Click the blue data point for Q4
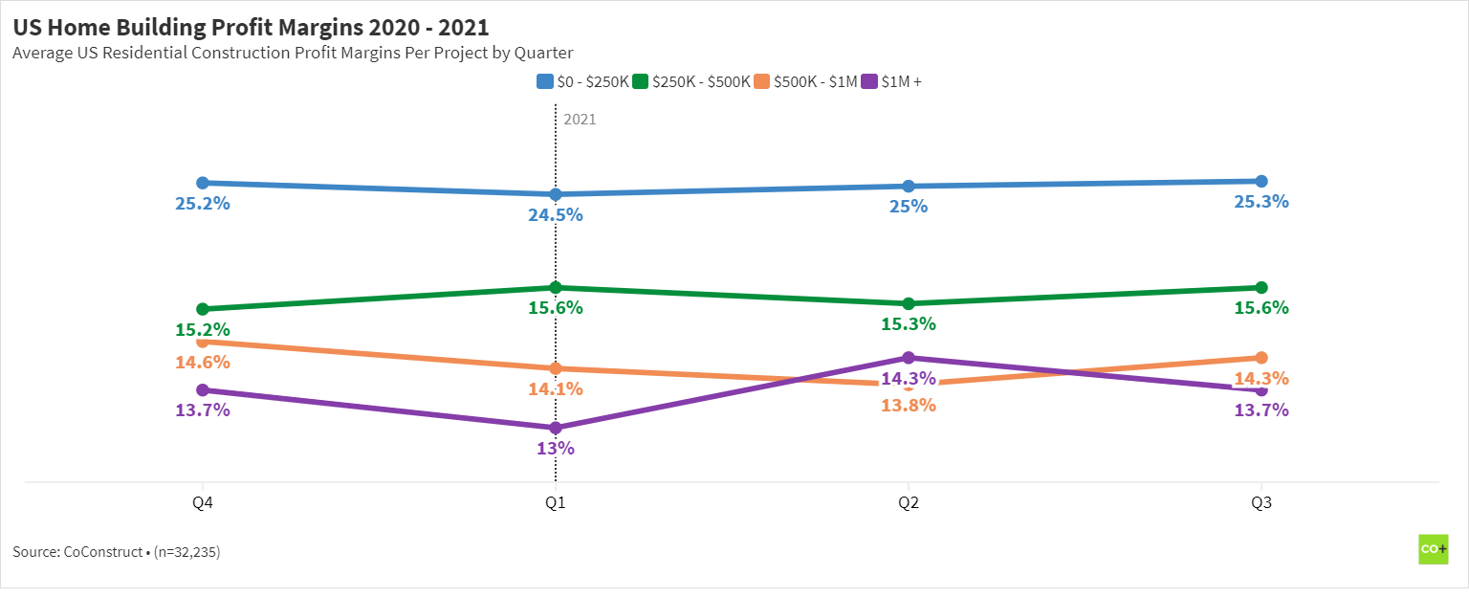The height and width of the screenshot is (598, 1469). click(x=203, y=183)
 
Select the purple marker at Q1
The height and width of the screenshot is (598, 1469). click(x=556, y=428)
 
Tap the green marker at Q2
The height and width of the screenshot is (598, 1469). click(x=909, y=303)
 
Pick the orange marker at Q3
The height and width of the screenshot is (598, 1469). click(x=1261, y=358)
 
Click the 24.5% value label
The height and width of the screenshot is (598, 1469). click(x=556, y=215)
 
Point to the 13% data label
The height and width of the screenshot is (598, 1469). click(x=556, y=449)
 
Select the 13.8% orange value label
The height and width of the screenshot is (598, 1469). click(x=909, y=405)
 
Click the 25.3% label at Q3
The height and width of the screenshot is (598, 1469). click(x=1261, y=202)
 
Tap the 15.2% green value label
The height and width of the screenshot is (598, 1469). click(x=203, y=330)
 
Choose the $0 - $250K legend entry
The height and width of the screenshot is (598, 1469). click(x=583, y=82)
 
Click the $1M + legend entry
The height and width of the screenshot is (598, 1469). click(x=892, y=82)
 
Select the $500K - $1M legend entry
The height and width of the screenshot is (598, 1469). click(x=806, y=82)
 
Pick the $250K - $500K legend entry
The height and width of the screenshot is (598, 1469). click(x=692, y=82)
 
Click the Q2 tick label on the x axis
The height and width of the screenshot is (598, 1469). click(x=909, y=504)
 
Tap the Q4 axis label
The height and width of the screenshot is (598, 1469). click(x=203, y=504)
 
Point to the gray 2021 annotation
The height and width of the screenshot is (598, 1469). click(x=580, y=120)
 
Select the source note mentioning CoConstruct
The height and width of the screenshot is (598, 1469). click(x=117, y=552)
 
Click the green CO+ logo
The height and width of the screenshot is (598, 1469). click(x=1433, y=549)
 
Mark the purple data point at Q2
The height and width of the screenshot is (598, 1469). click(x=909, y=358)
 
